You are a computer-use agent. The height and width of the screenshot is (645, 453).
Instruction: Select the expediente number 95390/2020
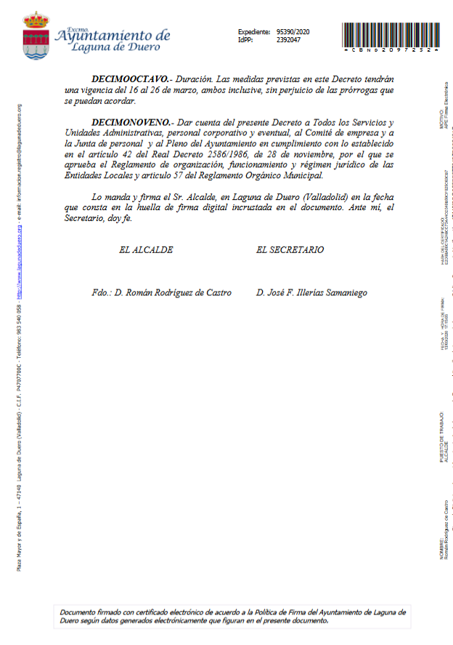click(293, 32)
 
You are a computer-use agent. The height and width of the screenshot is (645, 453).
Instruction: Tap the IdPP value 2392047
click(289, 40)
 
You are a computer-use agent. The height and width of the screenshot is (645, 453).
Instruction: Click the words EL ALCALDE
click(146, 249)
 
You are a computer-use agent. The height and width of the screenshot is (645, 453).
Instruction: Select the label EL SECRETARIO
click(290, 249)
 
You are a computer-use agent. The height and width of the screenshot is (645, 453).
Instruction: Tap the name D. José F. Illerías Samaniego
click(311, 292)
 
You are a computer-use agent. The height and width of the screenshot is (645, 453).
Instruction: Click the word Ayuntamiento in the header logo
click(113, 36)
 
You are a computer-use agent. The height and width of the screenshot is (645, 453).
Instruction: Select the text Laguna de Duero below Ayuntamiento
click(116, 47)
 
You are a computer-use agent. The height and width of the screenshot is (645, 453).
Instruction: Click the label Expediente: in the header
click(253, 32)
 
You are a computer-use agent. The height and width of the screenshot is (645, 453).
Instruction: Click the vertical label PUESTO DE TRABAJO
click(441, 436)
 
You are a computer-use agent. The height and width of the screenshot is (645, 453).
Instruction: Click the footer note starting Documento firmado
click(233, 616)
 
